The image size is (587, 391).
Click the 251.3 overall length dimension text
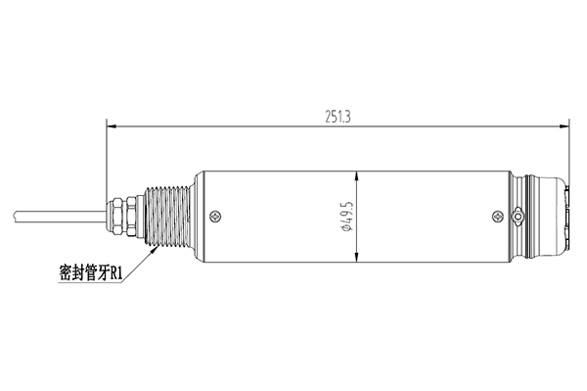click(338, 117)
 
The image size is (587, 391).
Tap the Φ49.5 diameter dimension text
click(347, 216)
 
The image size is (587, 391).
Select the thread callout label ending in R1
click(91, 272)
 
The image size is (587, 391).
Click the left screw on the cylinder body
click(215, 217)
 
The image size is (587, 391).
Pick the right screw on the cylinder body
click(498, 217)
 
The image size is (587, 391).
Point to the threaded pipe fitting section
click(167, 217)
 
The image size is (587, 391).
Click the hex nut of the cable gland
click(132, 217)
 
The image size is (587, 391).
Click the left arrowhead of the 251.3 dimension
click(112, 126)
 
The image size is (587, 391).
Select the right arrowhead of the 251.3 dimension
click(564, 126)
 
